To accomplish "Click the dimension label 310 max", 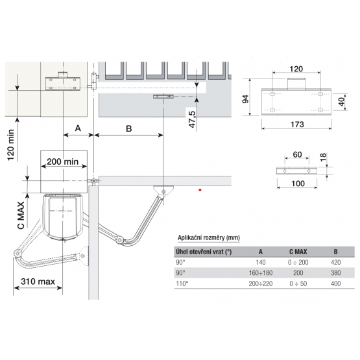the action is (x=38, y=282).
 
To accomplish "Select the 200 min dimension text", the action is (x=63, y=162).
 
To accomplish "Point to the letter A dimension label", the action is (x=78, y=128).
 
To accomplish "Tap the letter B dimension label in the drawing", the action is (x=129, y=128).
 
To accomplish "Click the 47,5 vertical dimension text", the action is (x=192, y=119).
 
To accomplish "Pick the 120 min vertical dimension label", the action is (x=11, y=145).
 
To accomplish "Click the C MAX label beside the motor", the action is (x=21, y=215).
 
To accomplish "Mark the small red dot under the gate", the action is (x=200, y=190).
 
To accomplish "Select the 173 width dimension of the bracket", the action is (x=297, y=125).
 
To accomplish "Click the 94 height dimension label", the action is (x=246, y=99).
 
